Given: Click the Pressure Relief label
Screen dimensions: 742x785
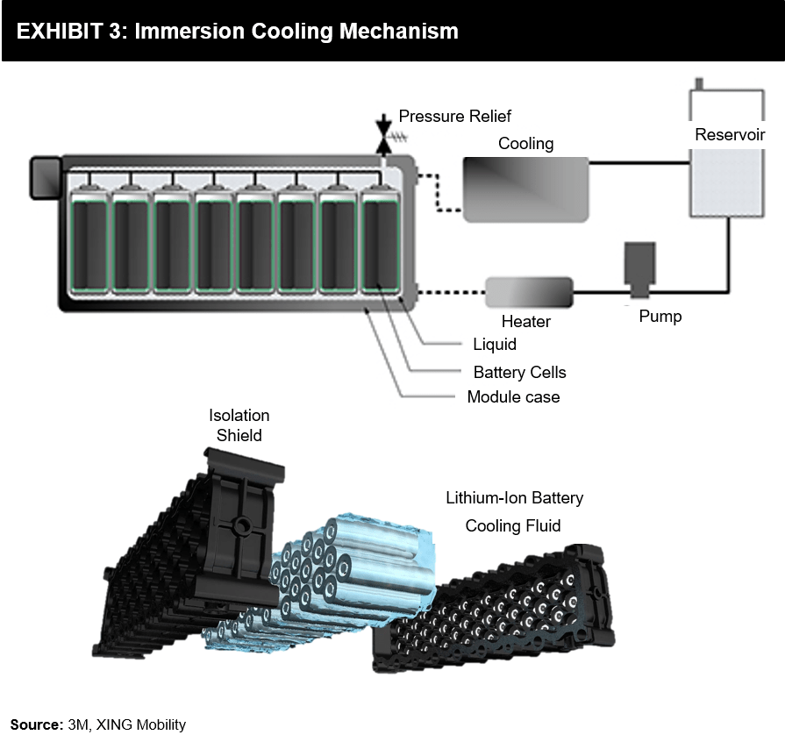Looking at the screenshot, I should [x=454, y=116].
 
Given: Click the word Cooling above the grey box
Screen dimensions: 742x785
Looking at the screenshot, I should [x=525, y=144].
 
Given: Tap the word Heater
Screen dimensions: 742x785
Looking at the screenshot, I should [x=526, y=322].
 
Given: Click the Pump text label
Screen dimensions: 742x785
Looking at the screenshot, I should [x=660, y=317].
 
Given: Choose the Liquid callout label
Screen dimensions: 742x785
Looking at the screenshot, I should [x=495, y=345].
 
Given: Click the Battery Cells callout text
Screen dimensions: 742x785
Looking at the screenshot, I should [x=519, y=372].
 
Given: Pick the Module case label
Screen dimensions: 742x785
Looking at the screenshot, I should [x=513, y=397].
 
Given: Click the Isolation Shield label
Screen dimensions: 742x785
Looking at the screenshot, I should [x=239, y=425].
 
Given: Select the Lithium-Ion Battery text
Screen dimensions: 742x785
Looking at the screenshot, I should [x=514, y=498].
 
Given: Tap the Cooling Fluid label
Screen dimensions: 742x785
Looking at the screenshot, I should [x=513, y=525].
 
